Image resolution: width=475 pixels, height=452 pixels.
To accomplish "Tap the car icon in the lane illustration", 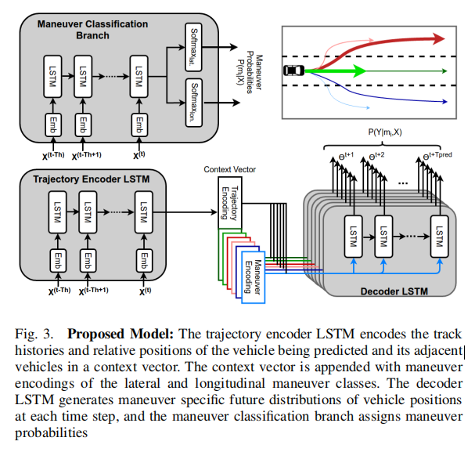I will coord(294,71).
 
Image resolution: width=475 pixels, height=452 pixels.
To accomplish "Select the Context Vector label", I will coord(229,169).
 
